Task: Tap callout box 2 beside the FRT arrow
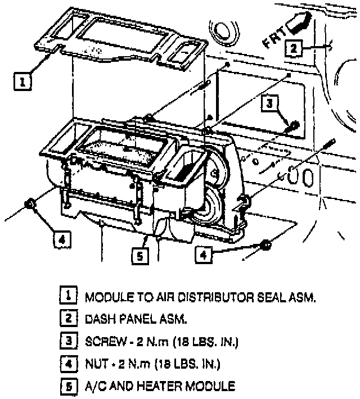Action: (293, 48)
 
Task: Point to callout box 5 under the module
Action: (139, 256)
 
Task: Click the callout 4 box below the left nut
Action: (62, 239)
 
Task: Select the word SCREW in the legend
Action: (102, 341)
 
